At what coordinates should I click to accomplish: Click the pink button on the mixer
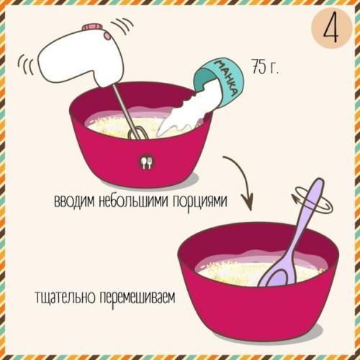(x=92, y=28)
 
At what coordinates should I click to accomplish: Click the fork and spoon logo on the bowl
(x=146, y=162)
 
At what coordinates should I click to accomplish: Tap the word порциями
(x=202, y=202)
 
